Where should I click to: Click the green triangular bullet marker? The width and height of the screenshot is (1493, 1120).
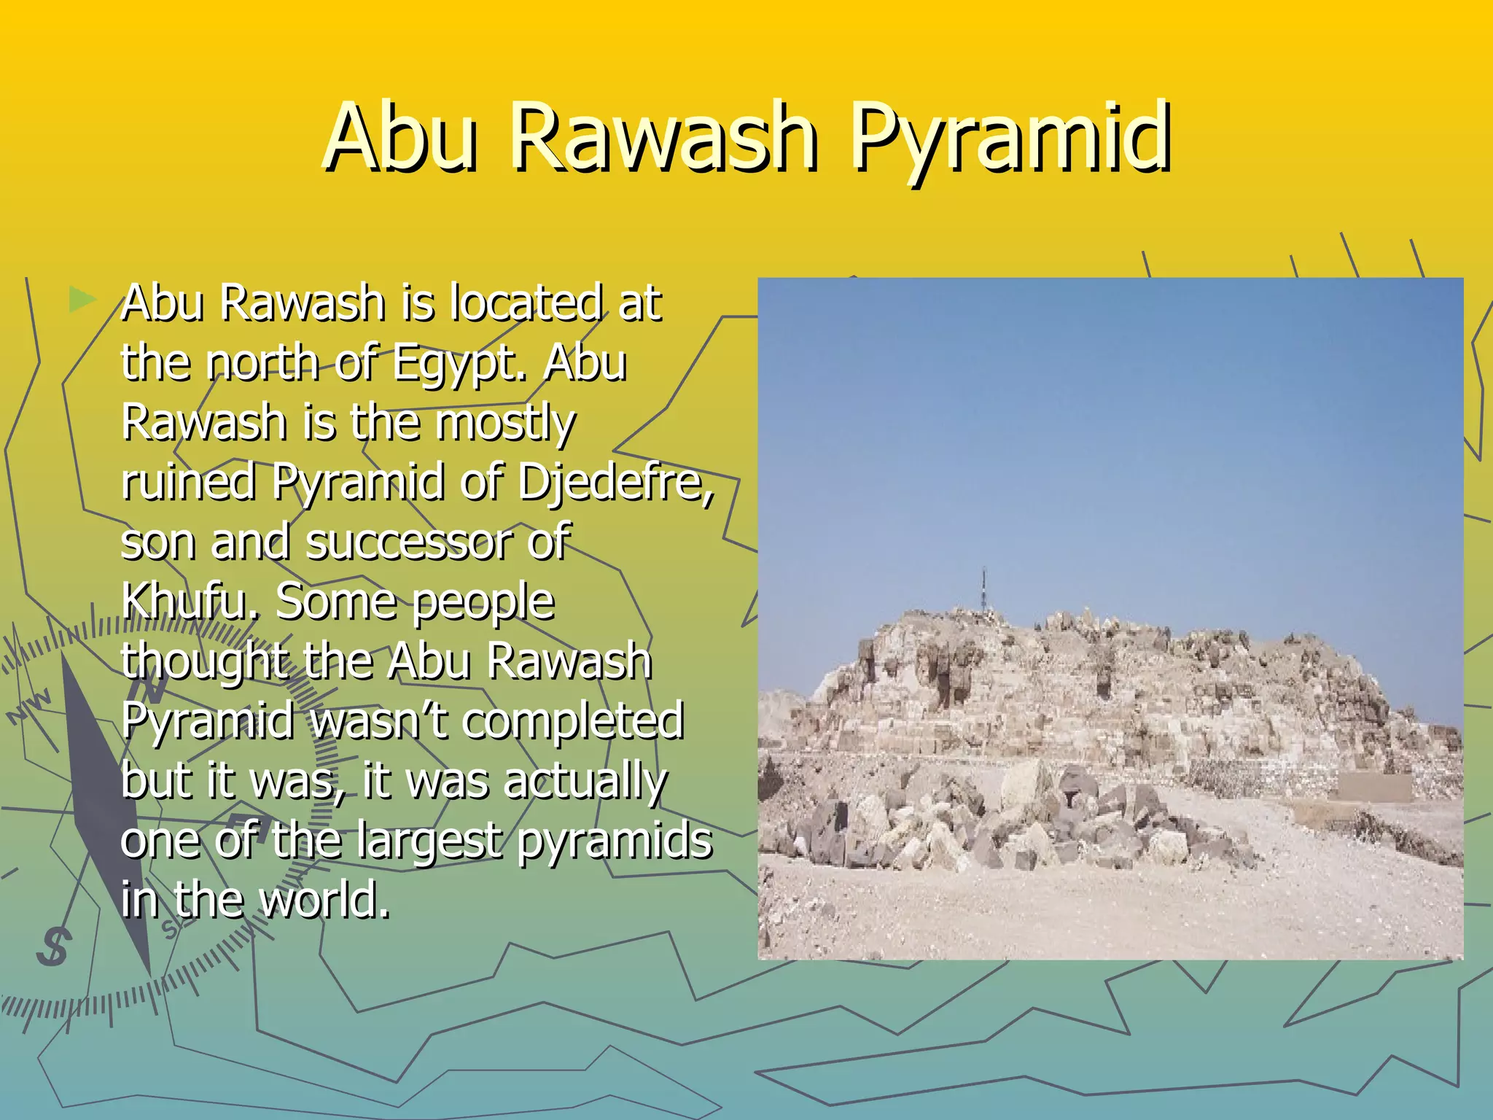point(82,299)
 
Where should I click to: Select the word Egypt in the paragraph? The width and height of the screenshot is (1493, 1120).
point(458,362)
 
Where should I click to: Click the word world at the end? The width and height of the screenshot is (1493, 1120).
point(324,900)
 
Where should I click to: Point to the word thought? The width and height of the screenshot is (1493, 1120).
point(205,662)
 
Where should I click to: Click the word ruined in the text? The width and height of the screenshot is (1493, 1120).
point(188,482)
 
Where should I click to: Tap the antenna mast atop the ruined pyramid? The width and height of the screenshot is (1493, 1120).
point(983,591)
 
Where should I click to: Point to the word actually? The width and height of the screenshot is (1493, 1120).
point(585,781)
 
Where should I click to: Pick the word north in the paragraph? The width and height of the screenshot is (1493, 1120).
point(263,362)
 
